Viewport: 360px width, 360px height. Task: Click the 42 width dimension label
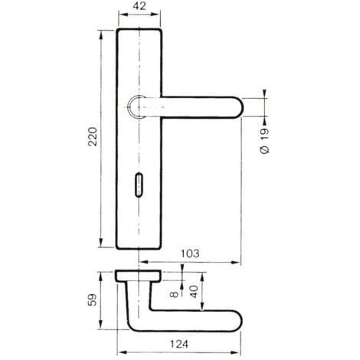pyautogui.click(x=139, y=6)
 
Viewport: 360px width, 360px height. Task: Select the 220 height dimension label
pyautogui.click(x=93, y=136)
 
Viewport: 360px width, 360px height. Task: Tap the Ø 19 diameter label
pyautogui.click(x=265, y=141)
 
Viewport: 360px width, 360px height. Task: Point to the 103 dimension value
pyautogui.click(x=190, y=254)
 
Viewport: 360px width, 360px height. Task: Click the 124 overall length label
pyautogui.click(x=179, y=344)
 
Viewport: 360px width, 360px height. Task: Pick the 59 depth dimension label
pyautogui.click(x=93, y=300)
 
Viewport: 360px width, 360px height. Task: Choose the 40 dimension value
pyautogui.click(x=195, y=292)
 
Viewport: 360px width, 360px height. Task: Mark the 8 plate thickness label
pyautogui.click(x=174, y=295)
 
